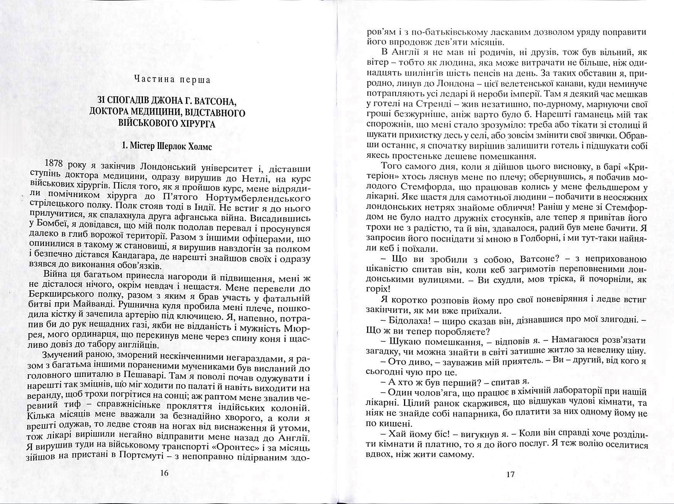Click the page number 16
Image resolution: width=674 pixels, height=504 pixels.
point(164,474)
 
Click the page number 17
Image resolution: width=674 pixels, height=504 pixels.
point(510,474)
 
